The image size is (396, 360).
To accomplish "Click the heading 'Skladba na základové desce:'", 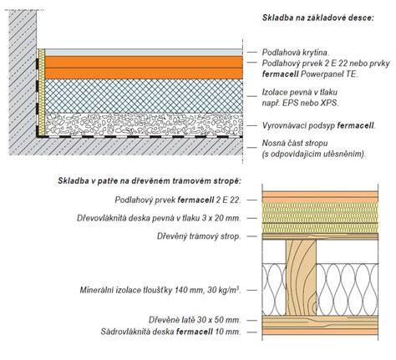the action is click(x=317, y=18).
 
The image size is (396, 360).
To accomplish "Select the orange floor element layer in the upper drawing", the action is click(x=144, y=68).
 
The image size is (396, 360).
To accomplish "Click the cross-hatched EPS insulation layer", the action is click(x=144, y=96).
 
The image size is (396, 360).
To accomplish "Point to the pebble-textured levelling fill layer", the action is click(x=144, y=124).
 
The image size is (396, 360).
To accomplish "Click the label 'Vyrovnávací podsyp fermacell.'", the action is click(x=319, y=125).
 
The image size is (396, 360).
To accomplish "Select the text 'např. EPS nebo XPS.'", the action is click(x=301, y=103).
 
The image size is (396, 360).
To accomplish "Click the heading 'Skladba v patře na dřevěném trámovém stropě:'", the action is click(x=150, y=180).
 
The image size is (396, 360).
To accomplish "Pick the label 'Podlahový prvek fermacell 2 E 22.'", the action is click(x=178, y=200).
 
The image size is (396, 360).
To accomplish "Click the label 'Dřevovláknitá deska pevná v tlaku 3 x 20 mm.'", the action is click(x=159, y=218).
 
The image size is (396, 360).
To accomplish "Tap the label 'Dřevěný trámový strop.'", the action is click(x=199, y=236).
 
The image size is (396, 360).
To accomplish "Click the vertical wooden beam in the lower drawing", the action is click(x=302, y=277).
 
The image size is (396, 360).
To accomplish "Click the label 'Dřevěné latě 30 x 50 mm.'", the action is click(x=195, y=320).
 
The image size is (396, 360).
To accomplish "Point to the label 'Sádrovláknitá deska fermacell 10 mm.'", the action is click(x=171, y=332).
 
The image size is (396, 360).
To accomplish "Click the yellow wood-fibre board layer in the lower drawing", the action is click(x=320, y=218).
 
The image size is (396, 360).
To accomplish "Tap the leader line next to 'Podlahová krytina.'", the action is click(x=252, y=53).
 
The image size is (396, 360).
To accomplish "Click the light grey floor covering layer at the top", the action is click(x=144, y=53).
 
